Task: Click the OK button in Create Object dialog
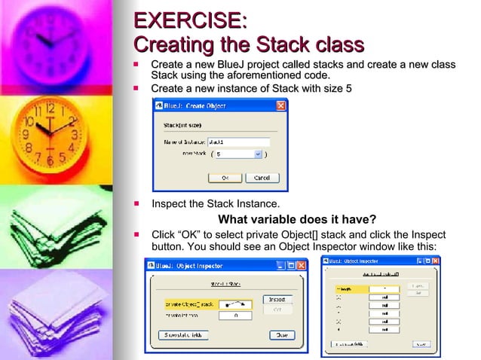(225, 178)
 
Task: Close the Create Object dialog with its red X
(280, 106)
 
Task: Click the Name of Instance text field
(237, 141)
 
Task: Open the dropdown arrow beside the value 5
(258, 154)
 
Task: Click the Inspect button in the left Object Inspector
(277, 300)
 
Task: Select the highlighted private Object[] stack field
(189, 304)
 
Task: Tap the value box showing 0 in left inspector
(235, 316)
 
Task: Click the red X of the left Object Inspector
(302, 265)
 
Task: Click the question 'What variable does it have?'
(297, 219)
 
